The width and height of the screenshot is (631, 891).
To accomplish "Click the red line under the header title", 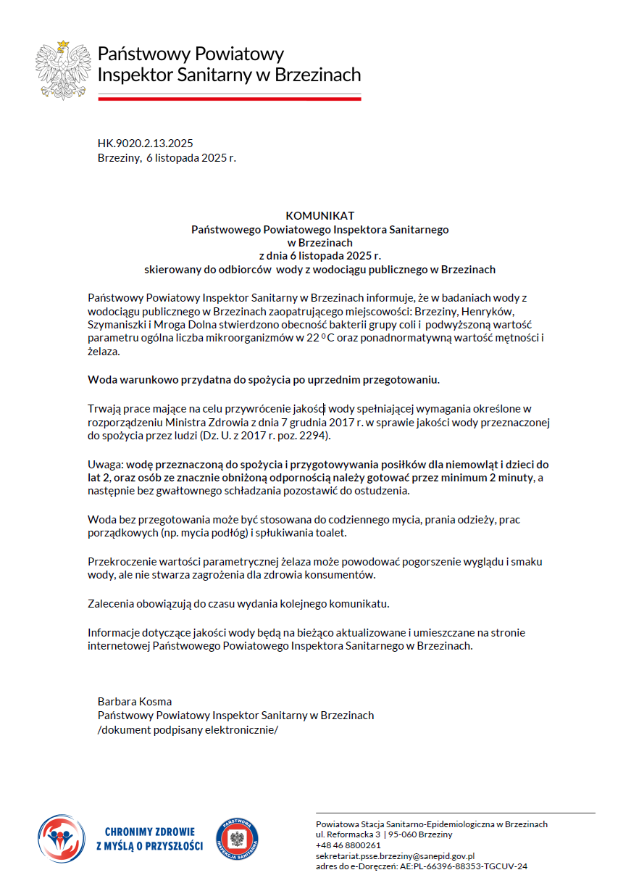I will pyautogui.click(x=229, y=98).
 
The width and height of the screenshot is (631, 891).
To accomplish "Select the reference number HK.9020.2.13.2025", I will pyautogui.click(x=145, y=143).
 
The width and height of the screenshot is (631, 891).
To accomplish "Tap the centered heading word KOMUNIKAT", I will pyautogui.click(x=319, y=215).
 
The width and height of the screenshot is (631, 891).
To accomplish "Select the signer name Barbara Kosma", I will pyautogui.click(x=135, y=701).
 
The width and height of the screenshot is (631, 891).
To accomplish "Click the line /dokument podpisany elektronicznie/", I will pyautogui.click(x=188, y=729).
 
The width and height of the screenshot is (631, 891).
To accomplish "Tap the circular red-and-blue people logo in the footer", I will pyautogui.click(x=61, y=839).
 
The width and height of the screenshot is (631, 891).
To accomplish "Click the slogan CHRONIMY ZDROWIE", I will pyautogui.click(x=150, y=832).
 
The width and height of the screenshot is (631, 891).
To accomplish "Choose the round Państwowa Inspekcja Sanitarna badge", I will pyautogui.click(x=237, y=839).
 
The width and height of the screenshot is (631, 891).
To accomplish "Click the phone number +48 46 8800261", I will pyautogui.click(x=348, y=845).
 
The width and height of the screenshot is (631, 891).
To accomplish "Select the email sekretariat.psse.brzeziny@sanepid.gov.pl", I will pyautogui.click(x=395, y=855).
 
